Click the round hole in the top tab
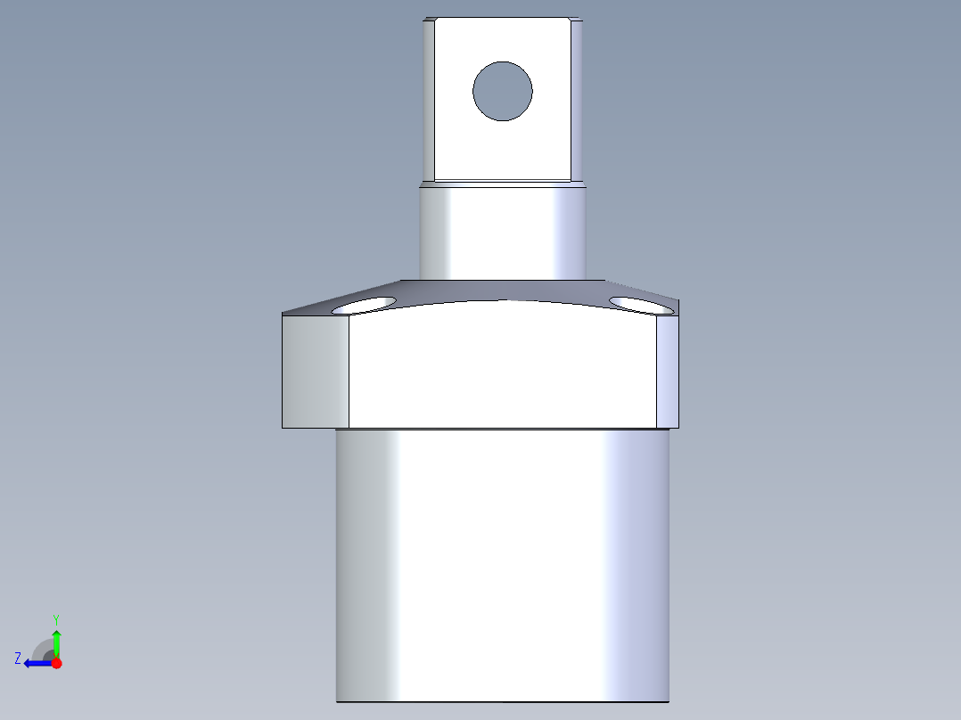pos(503,91)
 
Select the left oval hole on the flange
pos(364,306)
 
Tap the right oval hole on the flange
pos(640,305)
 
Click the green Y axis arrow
pos(56,641)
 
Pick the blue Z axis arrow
pos(36,663)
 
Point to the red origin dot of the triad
pos(56,663)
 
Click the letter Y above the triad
pos(56,618)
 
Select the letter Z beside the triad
pos(18,658)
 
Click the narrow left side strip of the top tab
pos(428,98)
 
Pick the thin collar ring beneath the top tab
pos(502,184)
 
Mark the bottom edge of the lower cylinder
pos(502,701)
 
